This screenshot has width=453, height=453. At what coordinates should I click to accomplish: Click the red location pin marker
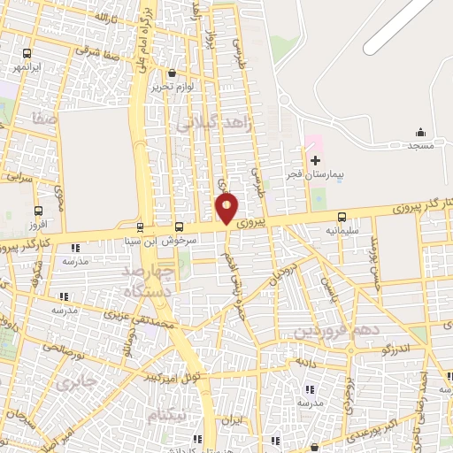click(x=227, y=208)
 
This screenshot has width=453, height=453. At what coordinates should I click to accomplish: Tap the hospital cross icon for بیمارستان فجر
click(x=316, y=160)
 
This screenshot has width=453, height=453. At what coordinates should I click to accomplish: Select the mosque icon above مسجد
click(x=420, y=132)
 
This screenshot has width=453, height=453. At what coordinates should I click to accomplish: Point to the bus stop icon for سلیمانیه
click(x=342, y=217)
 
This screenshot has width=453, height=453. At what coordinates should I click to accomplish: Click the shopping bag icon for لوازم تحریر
click(x=172, y=73)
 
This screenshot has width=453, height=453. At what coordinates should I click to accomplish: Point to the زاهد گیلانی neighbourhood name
click(x=214, y=124)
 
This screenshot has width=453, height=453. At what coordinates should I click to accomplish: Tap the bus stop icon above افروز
click(x=37, y=211)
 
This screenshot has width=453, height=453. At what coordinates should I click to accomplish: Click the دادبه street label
click(x=305, y=362)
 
